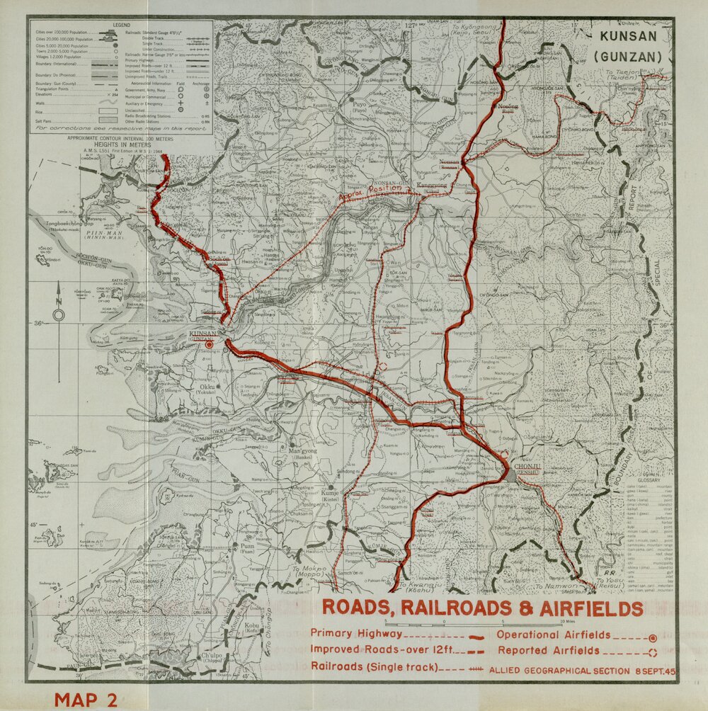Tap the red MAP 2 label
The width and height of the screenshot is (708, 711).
tap(86, 700)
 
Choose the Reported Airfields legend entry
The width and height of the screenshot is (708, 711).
tap(549, 650)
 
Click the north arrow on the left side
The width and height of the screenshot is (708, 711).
tap(59, 312)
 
